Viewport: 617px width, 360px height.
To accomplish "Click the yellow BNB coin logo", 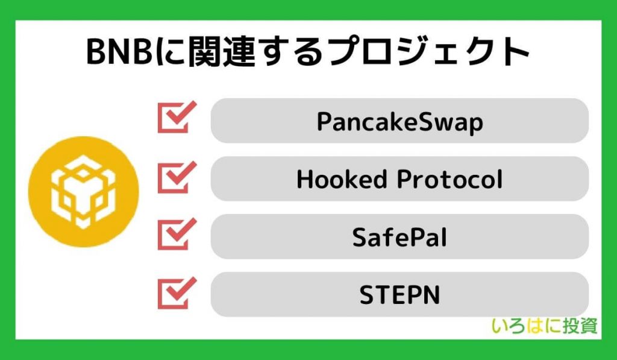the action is (x=83, y=191).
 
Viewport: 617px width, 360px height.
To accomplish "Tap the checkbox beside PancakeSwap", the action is (x=177, y=117).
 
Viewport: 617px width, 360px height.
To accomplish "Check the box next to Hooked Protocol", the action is (x=177, y=177).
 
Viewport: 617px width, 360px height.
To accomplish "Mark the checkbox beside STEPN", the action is (x=177, y=293).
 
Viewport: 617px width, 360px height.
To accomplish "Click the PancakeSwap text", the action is (x=400, y=122).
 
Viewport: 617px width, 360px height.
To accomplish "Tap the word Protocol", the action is (x=449, y=179).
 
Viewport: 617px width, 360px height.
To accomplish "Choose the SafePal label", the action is (x=399, y=237).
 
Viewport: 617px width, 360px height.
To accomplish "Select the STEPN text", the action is (x=399, y=295).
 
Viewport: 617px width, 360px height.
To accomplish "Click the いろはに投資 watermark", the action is (x=545, y=326).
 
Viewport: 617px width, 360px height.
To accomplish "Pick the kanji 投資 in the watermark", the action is (x=580, y=326).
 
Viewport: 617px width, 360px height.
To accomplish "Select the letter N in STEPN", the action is (x=431, y=295).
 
